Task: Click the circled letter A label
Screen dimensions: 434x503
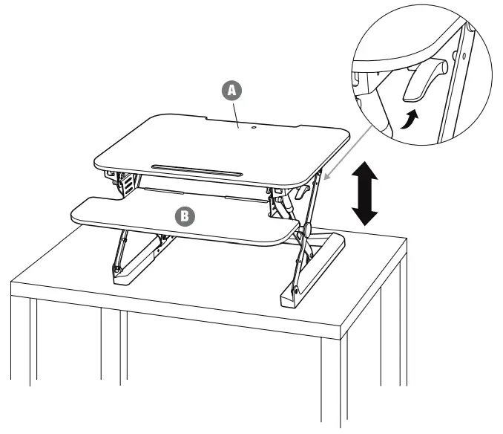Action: pyautogui.click(x=232, y=91)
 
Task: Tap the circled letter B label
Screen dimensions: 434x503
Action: pyautogui.click(x=185, y=216)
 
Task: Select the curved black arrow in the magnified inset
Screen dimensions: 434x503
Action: pyautogui.click(x=410, y=119)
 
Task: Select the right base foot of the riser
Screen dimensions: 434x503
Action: pyautogui.click(x=312, y=271)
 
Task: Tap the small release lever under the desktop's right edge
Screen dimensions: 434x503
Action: pyautogui.click(x=300, y=192)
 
